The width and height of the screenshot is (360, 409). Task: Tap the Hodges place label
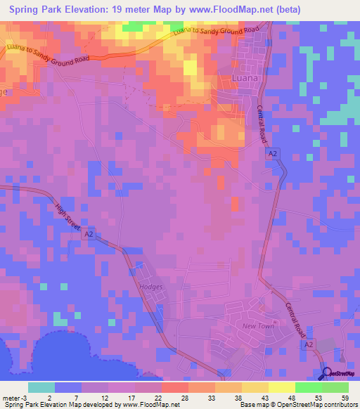click(150, 287)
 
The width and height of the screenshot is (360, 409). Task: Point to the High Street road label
click(68, 217)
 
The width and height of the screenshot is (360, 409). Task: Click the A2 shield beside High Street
click(88, 235)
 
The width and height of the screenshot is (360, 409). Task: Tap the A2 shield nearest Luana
click(274, 152)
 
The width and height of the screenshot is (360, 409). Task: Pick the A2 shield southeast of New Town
click(309, 345)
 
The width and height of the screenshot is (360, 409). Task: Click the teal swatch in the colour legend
click(41, 387)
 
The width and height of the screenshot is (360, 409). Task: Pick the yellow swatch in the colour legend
click(282, 387)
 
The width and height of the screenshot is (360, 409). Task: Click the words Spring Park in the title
click(37, 10)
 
